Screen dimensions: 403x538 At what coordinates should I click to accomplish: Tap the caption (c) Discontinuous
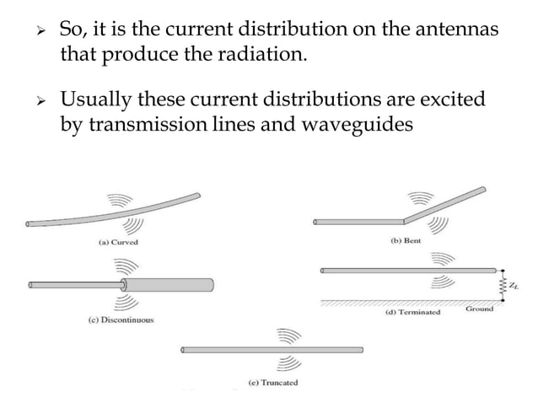coord(120,320)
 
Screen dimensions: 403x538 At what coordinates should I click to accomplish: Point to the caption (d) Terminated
coord(413,312)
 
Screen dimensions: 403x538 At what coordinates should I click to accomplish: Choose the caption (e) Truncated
coord(272,383)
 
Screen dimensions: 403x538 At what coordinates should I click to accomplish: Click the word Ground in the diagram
coord(480,309)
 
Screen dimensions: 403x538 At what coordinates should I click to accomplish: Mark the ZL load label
coord(515,287)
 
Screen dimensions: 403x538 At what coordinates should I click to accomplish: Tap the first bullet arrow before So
coord(36,30)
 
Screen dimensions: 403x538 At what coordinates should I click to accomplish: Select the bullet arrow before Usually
coord(36,101)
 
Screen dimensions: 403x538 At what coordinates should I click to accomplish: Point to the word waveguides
coord(361,126)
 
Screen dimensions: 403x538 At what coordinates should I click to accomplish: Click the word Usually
coord(97,100)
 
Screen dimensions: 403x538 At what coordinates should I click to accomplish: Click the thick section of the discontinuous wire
coord(169,284)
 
